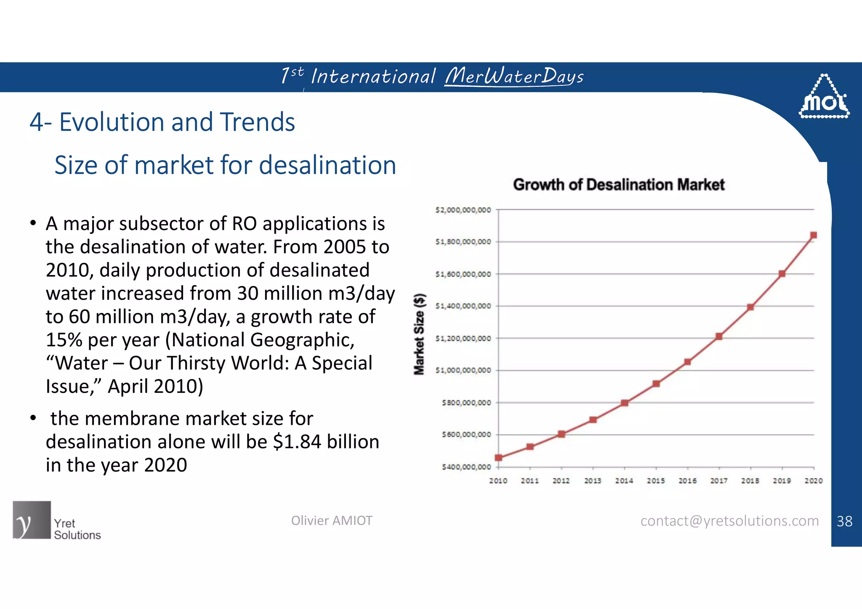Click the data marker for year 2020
click(x=813, y=235)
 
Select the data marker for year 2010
click(x=498, y=458)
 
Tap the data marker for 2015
click(x=656, y=384)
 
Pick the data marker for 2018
click(x=750, y=307)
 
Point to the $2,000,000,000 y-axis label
click(x=463, y=210)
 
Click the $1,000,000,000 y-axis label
click(x=463, y=371)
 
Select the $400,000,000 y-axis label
click(x=466, y=467)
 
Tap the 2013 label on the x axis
click(x=593, y=481)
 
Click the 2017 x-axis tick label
click(x=719, y=481)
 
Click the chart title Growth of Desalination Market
click(x=619, y=185)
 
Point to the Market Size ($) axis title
click(x=420, y=334)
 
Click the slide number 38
click(x=844, y=522)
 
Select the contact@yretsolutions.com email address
click(x=729, y=521)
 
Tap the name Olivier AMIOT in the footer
click(x=332, y=521)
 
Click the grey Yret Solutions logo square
click(x=32, y=520)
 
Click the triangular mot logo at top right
click(x=824, y=98)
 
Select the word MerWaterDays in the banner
click(x=514, y=77)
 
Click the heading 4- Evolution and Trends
click(x=162, y=122)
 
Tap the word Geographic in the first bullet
click(x=302, y=340)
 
